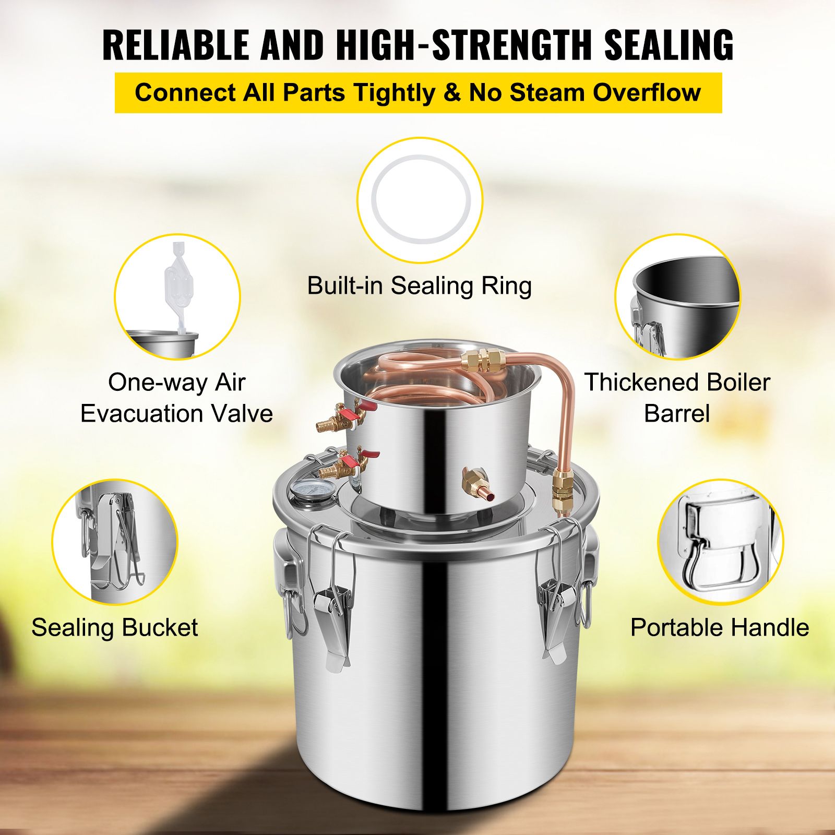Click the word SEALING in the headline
[x=669, y=45]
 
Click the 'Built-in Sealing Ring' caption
[x=420, y=286]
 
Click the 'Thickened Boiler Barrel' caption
[x=677, y=398]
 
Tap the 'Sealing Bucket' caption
[x=115, y=627]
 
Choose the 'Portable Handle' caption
[x=720, y=627]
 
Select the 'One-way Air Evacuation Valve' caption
[x=177, y=398]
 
